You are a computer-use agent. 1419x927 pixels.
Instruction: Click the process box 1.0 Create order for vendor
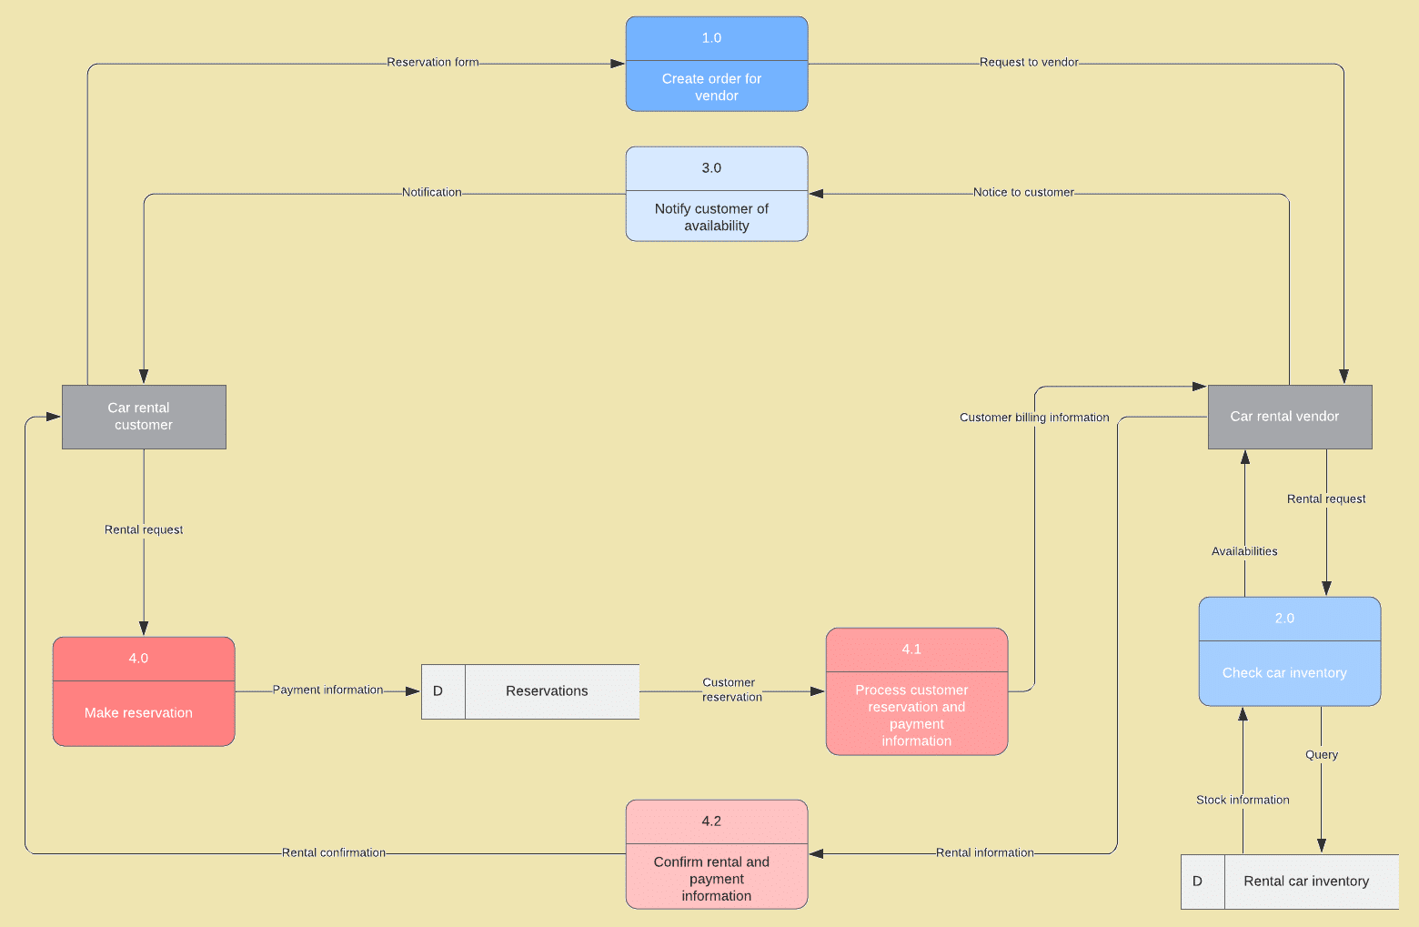click(x=716, y=65)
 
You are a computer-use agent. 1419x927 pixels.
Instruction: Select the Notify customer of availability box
click(x=716, y=195)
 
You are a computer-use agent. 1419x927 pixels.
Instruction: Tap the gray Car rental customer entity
click(x=144, y=417)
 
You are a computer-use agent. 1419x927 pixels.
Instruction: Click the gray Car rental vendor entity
click(x=1289, y=417)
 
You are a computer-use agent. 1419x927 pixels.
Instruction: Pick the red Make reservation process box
click(x=144, y=692)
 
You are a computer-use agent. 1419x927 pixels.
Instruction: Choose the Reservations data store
click(x=547, y=691)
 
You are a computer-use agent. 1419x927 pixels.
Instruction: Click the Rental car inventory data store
click(x=1306, y=882)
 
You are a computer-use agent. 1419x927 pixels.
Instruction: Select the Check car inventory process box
click(x=1289, y=652)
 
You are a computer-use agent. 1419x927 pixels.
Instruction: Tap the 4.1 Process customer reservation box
click(x=916, y=692)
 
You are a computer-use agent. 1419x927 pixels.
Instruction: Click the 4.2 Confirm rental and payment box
click(x=716, y=855)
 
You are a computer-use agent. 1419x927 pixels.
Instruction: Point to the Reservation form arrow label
click(x=433, y=63)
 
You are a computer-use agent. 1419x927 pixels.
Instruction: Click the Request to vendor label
click(x=1029, y=63)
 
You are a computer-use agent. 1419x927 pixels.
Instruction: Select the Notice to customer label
click(x=1023, y=193)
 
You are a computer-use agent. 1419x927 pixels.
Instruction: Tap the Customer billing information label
click(x=1034, y=418)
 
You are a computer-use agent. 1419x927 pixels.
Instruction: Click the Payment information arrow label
click(x=327, y=690)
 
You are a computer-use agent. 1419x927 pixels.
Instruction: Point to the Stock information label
click(x=1243, y=801)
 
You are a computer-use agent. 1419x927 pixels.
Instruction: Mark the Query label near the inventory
click(x=1322, y=755)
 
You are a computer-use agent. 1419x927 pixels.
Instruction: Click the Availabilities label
click(x=1244, y=551)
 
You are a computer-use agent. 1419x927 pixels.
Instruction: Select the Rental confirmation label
click(x=334, y=853)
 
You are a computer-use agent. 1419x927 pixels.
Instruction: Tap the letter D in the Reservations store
click(x=438, y=691)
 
